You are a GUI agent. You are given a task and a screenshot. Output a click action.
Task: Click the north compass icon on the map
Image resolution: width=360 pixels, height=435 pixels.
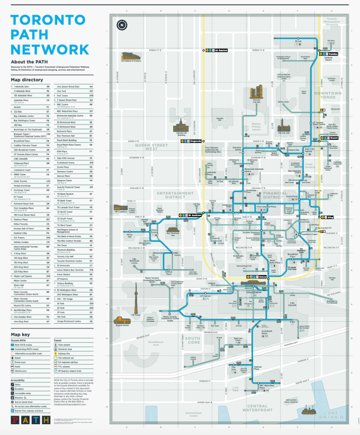[x=123, y=24]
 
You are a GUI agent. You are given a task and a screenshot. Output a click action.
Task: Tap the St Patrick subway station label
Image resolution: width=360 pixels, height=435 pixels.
[x=220, y=49]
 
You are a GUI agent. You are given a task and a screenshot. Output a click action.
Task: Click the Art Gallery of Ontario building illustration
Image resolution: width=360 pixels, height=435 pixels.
[x=131, y=57]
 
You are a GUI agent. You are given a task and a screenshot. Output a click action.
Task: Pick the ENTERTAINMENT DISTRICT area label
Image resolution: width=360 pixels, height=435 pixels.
[x=175, y=194]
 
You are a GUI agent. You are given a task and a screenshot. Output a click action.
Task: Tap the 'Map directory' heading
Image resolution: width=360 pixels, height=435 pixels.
[x=26, y=80]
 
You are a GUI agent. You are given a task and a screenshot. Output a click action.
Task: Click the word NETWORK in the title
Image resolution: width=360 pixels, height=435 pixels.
[x=49, y=49]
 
